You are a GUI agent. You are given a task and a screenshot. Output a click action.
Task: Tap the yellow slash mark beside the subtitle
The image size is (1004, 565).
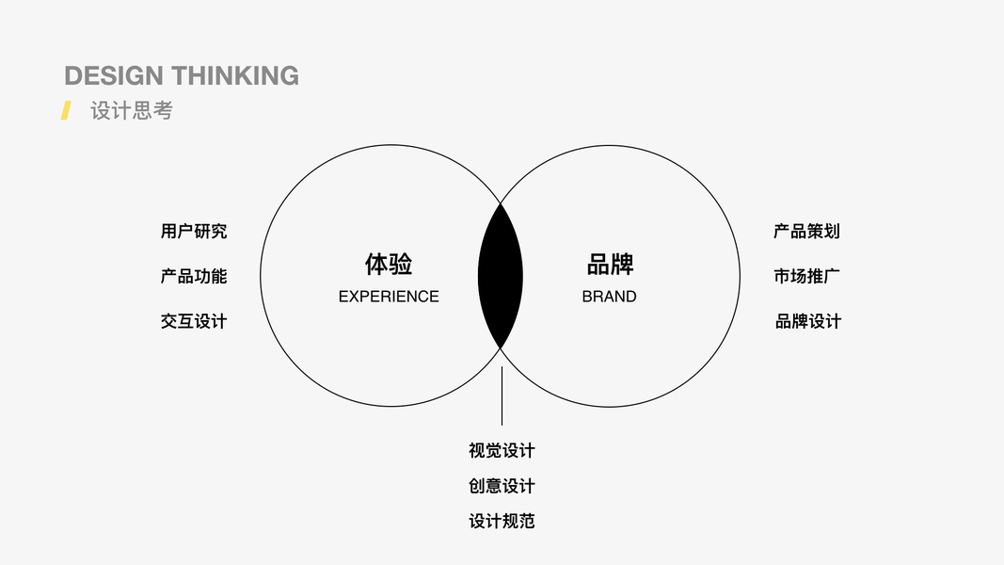[x=66, y=110]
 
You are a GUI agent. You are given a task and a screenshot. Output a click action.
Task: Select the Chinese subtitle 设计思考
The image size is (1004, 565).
[x=132, y=110]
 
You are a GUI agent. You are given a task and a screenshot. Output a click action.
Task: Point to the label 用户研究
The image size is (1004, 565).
[x=194, y=231]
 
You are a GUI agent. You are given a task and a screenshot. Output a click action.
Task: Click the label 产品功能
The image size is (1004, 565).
[x=194, y=276]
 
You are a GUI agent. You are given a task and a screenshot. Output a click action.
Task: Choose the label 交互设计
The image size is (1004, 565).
[x=194, y=321]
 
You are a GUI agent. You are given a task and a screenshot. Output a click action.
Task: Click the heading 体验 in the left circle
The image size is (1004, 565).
[x=389, y=264]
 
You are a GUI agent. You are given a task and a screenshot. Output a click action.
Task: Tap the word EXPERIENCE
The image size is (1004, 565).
[x=389, y=297]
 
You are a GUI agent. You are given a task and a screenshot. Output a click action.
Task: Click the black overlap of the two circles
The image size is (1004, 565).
[x=501, y=275]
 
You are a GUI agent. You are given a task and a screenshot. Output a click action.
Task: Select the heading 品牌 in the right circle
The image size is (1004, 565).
[x=610, y=264]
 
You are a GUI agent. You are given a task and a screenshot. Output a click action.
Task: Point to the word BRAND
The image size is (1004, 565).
[x=610, y=297]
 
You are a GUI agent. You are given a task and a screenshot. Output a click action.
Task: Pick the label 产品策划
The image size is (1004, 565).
[x=806, y=231]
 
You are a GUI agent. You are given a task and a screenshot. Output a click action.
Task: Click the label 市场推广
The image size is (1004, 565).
[x=806, y=276]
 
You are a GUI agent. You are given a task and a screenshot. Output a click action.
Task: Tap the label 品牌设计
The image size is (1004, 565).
[x=807, y=321]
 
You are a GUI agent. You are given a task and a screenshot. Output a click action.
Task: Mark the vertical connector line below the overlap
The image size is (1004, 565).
[x=502, y=395]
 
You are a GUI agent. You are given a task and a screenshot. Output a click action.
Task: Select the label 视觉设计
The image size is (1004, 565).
[x=502, y=450]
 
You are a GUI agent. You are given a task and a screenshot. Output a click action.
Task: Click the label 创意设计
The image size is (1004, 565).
[x=502, y=486]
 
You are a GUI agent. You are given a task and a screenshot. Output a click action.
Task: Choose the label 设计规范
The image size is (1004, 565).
[x=502, y=521]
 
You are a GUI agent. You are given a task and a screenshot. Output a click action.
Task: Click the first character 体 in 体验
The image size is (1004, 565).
[x=376, y=264]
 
